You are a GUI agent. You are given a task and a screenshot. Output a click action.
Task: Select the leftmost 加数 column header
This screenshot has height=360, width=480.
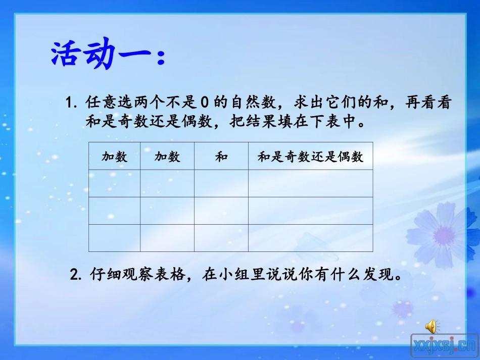(x=114, y=157)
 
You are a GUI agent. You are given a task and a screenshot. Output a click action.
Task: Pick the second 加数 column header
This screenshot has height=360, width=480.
(x=167, y=157)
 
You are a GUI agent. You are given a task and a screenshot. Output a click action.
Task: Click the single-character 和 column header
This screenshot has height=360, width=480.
(x=221, y=157)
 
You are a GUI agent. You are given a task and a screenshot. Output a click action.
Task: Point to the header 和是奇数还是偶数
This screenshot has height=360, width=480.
(x=310, y=157)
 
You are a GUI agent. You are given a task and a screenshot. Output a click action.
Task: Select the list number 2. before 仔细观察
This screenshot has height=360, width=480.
(x=76, y=276)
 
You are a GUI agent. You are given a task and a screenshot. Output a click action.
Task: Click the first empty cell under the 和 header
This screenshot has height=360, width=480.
(x=221, y=183)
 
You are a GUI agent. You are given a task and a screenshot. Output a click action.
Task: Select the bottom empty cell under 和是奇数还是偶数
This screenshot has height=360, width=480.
(x=310, y=238)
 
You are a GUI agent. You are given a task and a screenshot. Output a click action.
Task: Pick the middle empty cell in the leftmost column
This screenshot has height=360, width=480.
(x=114, y=211)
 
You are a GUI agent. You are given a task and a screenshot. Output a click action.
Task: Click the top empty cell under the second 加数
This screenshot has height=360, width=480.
(x=167, y=183)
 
